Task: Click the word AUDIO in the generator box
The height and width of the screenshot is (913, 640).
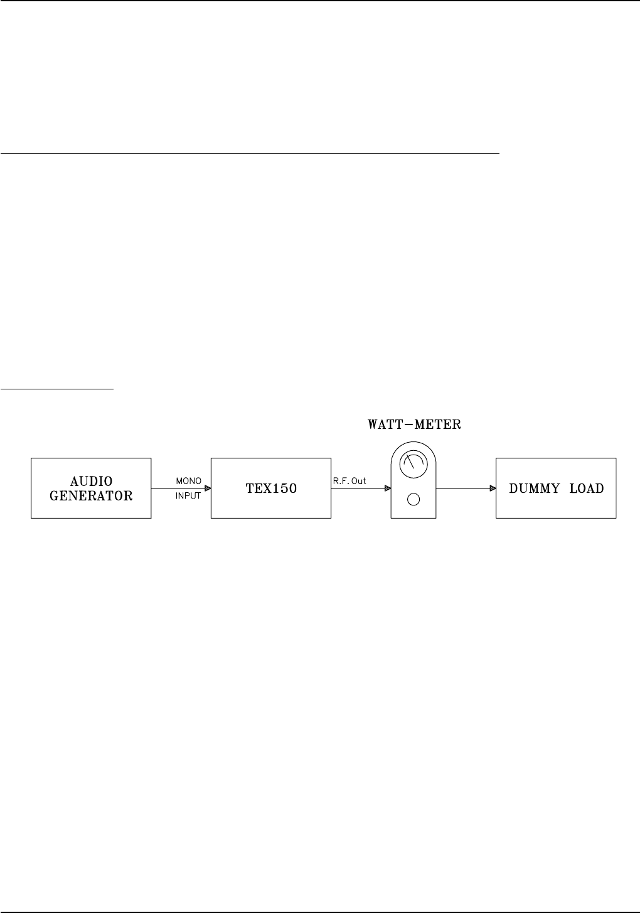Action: (x=91, y=482)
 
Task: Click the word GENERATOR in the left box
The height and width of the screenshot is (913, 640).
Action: (x=91, y=495)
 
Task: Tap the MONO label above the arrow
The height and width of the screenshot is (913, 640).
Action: (x=189, y=481)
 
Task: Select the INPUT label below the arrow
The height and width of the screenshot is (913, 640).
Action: (x=188, y=495)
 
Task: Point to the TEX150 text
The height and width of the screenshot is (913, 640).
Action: (x=271, y=488)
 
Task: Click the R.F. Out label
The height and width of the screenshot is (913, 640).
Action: (x=349, y=481)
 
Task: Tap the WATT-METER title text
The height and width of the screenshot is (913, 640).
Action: (x=414, y=425)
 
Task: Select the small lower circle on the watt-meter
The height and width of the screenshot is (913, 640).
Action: (x=413, y=500)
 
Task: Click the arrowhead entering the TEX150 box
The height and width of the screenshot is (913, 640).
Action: (x=207, y=488)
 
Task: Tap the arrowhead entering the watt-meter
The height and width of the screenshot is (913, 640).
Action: (x=387, y=488)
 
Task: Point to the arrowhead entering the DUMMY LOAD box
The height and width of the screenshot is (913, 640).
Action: (x=493, y=488)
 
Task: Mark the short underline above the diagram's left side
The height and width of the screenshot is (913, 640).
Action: (x=56, y=389)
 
